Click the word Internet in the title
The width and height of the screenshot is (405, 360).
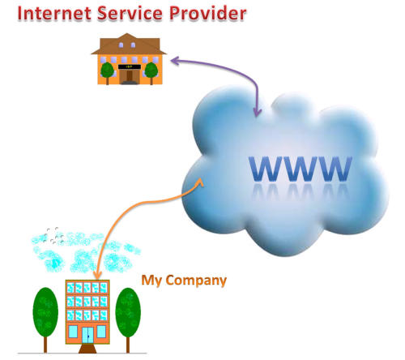(x=54, y=13)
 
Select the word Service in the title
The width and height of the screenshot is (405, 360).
(x=130, y=13)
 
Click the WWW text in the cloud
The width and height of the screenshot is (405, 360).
(x=301, y=169)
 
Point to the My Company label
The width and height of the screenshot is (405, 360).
(x=184, y=281)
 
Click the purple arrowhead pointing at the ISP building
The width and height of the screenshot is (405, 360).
(x=176, y=61)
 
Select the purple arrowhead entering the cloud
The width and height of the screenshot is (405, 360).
(x=258, y=112)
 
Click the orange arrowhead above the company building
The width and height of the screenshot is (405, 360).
(x=97, y=275)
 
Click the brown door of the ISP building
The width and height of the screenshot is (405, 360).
(x=130, y=76)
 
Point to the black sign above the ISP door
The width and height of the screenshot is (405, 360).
(x=130, y=66)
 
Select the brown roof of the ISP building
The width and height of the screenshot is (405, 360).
(x=129, y=44)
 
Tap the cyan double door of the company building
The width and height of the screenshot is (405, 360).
(x=87, y=335)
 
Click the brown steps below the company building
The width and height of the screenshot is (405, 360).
(x=87, y=349)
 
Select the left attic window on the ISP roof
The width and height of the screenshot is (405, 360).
(x=121, y=45)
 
